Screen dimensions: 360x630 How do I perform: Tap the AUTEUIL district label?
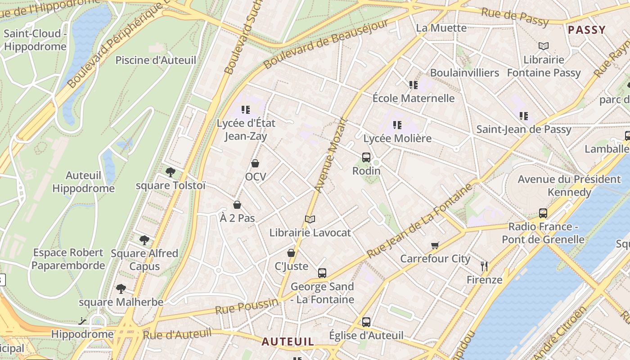(288, 342)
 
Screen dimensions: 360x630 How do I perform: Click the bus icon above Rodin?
(366, 157)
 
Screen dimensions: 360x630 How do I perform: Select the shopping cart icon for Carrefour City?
(435, 245)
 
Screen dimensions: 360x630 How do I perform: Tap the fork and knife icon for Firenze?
(484, 266)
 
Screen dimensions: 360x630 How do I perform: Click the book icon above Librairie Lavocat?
(310, 219)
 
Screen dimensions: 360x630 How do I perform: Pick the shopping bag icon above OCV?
(255, 163)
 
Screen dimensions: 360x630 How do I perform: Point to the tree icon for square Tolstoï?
(170, 172)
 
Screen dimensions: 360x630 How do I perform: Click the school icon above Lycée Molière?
(397, 125)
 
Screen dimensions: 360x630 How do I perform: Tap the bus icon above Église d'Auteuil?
(366, 322)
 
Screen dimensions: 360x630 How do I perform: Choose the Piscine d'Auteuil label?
(156, 60)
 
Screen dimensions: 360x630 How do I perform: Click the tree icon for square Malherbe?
(121, 288)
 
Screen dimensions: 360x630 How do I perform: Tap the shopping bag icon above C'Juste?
(291, 253)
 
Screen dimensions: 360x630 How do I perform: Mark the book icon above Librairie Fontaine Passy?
(544, 46)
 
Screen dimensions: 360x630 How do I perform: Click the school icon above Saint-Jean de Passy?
(524, 116)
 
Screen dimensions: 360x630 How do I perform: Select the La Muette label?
(441, 28)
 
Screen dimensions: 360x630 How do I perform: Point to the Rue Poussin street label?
(246, 307)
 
